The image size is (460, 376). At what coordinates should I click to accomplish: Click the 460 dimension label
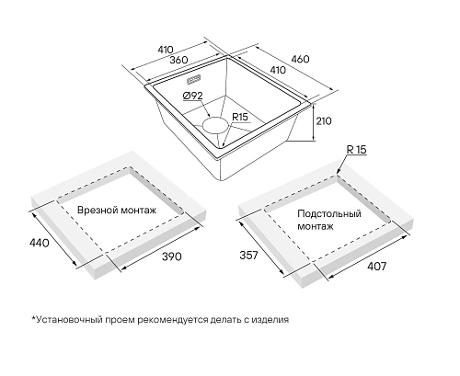click(300, 59)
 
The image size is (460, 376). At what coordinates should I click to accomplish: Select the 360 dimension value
click(178, 60)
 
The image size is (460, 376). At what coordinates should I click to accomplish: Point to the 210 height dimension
click(324, 121)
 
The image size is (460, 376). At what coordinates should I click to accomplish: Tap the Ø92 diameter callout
click(192, 96)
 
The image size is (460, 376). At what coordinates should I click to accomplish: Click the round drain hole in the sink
click(215, 125)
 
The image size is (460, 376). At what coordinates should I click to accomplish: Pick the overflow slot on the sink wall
click(194, 80)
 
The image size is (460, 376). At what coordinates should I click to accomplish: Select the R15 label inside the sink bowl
click(240, 117)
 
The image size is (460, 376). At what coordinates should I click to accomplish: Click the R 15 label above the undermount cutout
click(356, 150)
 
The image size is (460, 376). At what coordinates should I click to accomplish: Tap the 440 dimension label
click(39, 243)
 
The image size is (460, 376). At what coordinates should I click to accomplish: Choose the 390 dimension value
click(172, 256)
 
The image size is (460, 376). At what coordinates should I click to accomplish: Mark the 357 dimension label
click(248, 255)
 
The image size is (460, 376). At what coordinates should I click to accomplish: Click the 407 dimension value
click(377, 267)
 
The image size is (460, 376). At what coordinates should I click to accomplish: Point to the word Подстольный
click(329, 214)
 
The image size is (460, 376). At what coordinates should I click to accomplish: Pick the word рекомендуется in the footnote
click(173, 320)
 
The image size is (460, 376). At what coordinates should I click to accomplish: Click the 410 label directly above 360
click(166, 50)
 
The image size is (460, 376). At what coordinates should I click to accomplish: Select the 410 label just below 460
click(278, 70)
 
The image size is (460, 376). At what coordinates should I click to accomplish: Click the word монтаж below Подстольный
click(316, 226)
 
